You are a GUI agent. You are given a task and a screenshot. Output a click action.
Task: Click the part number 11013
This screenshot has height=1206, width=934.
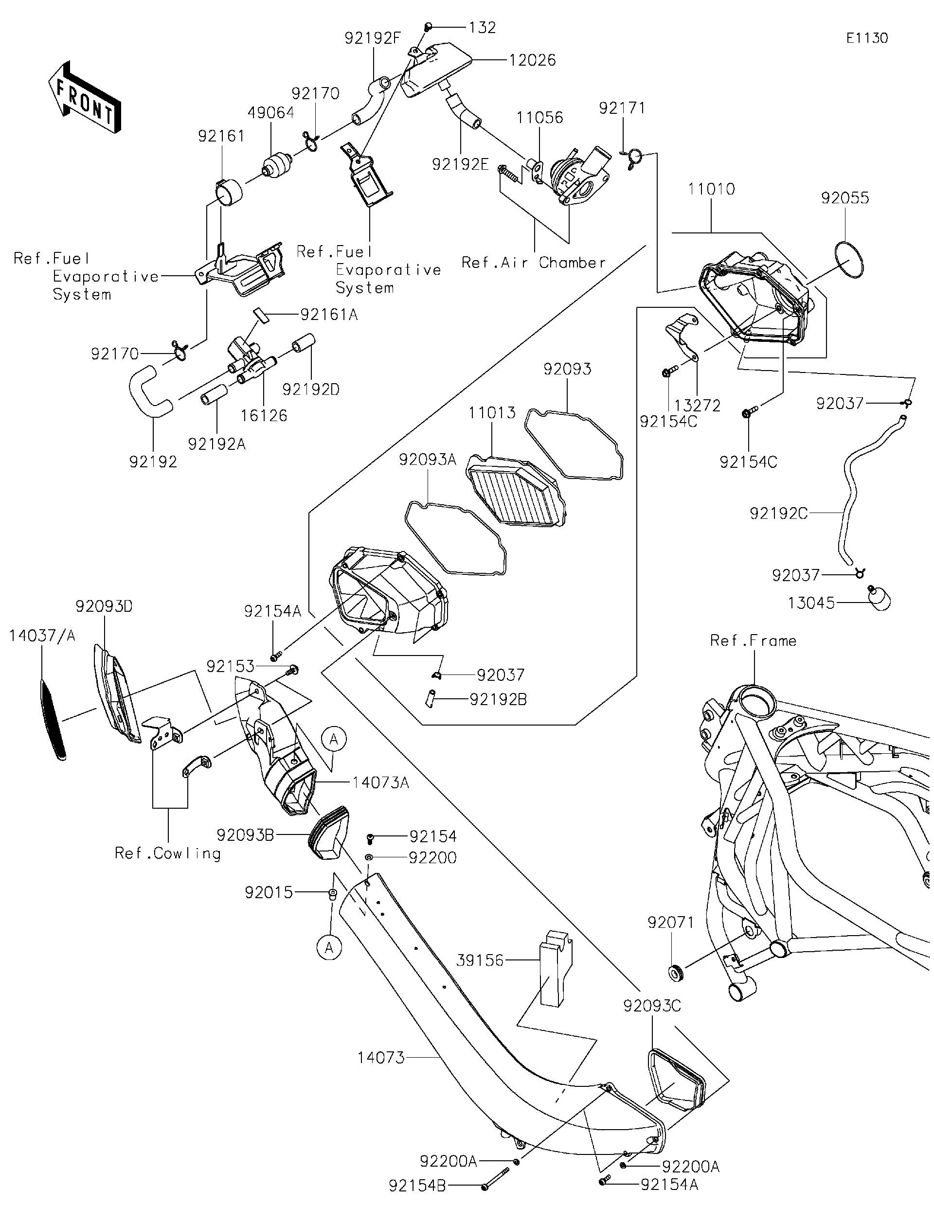pyautogui.click(x=492, y=413)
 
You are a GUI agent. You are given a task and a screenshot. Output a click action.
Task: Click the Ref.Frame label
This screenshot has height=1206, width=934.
pyautogui.click(x=753, y=640)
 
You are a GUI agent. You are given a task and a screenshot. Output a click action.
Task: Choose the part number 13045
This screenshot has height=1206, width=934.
pyautogui.click(x=810, y=603)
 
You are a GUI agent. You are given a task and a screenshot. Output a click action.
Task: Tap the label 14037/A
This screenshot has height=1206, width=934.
pyautogui.click(x=42, y=636)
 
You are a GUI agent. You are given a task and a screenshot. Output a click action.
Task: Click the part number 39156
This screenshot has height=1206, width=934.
pyautogui.click(x=480, y=960)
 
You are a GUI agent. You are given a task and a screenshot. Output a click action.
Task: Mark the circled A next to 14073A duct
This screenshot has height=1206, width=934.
pyautogui.click(x=334, y=739)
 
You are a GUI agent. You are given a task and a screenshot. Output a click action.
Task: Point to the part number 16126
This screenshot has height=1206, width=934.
pyautogui.click(x=264, y=416)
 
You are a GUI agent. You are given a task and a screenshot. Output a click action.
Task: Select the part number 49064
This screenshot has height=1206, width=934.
pyautogui.click(x=270, y=113)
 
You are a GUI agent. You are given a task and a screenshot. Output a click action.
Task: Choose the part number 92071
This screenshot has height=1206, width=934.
pyautogui.click(x=670, y=922)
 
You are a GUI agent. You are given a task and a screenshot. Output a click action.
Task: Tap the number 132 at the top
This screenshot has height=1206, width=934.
pyautogui.click(x=482, y=27)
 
